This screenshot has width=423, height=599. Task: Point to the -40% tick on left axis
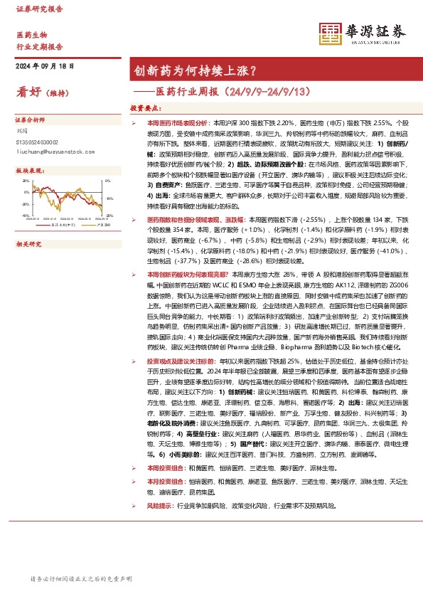26,214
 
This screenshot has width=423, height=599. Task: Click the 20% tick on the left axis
26,181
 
